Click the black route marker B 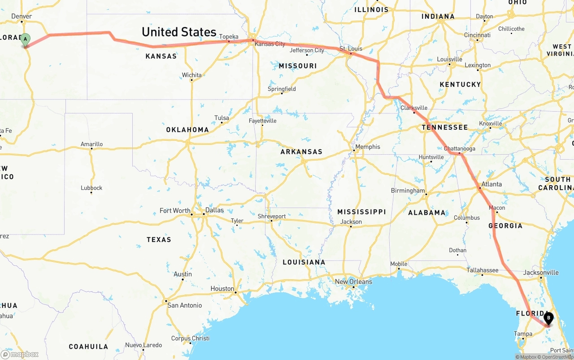548,319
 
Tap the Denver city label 22,16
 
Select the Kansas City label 270,44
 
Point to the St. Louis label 351,48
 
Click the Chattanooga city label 459,148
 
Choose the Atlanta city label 491,184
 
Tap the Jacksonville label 541,273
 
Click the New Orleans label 353,282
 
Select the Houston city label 222,289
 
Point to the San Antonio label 184,305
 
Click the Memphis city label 367,147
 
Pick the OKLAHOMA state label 187,130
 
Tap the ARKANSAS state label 301,152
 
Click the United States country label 179,32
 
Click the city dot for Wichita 191,80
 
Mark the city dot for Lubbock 91,193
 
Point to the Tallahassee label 482,270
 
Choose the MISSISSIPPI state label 361,212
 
